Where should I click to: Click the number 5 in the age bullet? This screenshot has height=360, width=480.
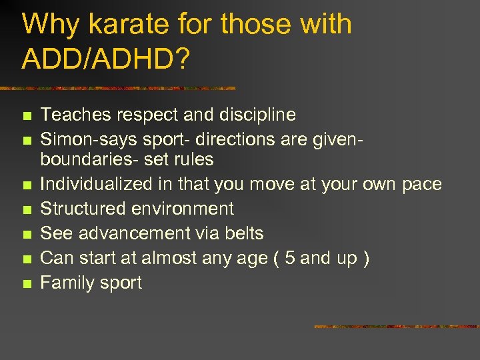(289, 258)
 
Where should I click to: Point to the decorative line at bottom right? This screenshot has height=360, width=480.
(396, 327)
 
